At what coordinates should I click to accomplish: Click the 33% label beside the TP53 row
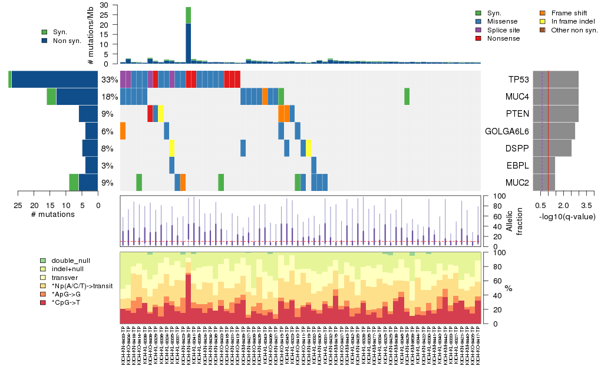110,79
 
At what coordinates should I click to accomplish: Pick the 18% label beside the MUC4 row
110,97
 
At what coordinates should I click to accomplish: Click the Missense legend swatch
479,21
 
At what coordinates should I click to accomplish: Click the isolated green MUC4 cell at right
407,96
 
